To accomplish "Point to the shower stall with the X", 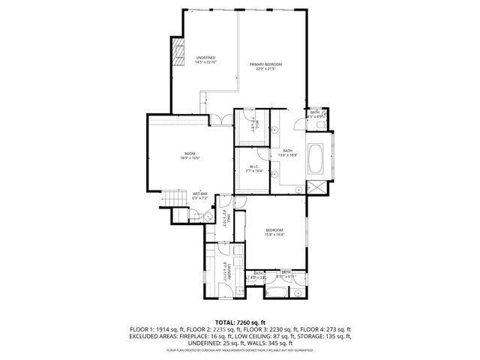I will pos(317,188).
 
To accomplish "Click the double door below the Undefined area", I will pos(216,119).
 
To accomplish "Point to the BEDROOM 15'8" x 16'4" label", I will pos(274,232).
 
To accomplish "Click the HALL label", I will pos(226,217).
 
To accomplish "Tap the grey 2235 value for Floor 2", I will pos(222,328).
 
